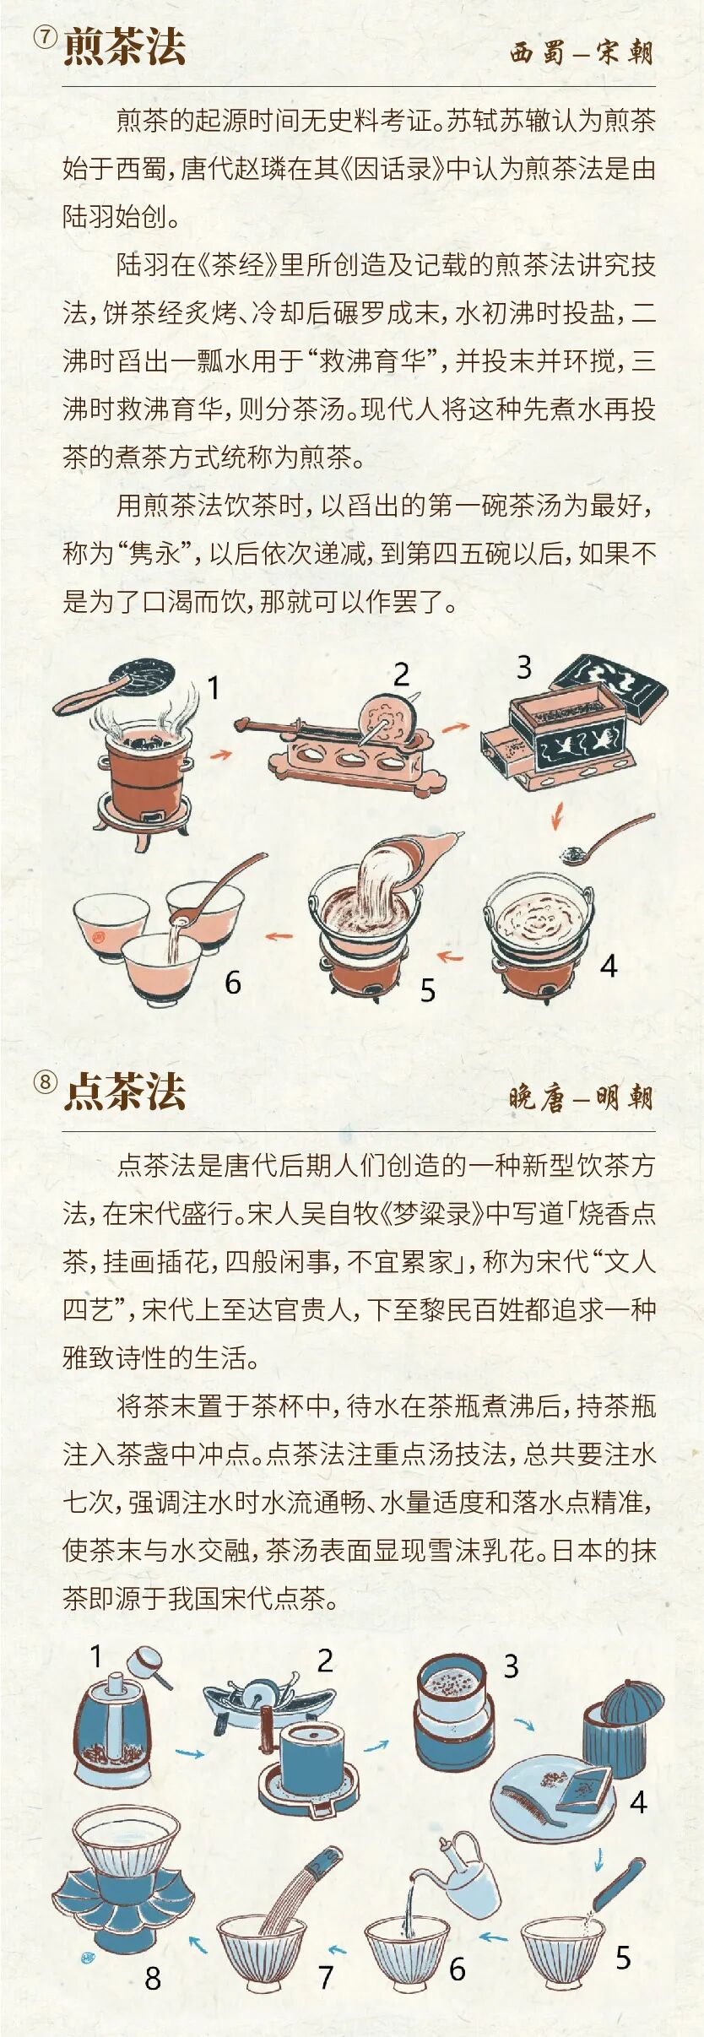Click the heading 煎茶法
124,46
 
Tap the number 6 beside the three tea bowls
233,982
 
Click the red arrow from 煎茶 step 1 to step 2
221,754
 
